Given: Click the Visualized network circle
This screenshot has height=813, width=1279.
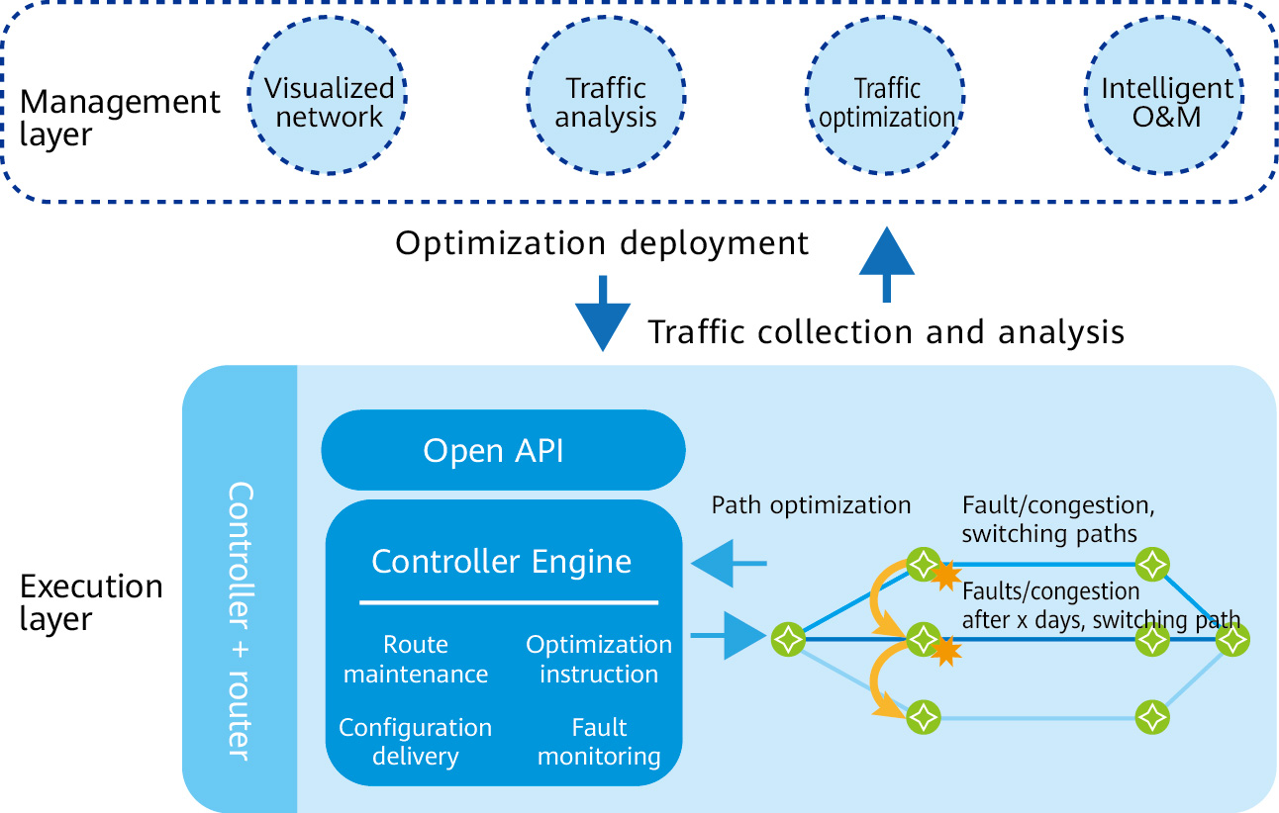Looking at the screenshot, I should pyautogui.click(x=329, y=102).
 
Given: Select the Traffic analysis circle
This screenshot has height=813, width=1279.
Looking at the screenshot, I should pyautogui.click(x=605, y=102).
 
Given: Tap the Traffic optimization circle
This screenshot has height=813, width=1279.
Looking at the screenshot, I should pyautogui.click(x=887, y=102).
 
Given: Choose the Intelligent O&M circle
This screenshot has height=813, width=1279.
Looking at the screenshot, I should pyautogui.click(x=1167, y=102).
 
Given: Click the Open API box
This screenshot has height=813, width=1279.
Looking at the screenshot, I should pyautogui.click(x=503, y=451).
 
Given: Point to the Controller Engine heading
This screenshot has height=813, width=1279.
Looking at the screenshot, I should pyautogui.click(x=501, y=562).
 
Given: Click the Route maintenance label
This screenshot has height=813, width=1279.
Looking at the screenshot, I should pyautogui.click(x=416, y=660).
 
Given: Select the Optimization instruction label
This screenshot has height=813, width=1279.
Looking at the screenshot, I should pyautogui.click(x=599, y=660).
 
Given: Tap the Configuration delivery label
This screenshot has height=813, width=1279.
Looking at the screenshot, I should pyautogui.click(x=416, y=742).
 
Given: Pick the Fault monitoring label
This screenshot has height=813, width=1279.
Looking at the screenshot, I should pyautogui.click(x=599, y=742).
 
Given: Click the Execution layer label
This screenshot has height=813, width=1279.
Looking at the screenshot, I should pyautogui.click(x=91, y=602).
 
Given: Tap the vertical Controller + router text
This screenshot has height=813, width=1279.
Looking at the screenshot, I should pyautogui.click(x=240, y=620).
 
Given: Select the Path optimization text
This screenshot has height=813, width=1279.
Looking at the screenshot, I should pyautogui.click(x=811, y=505).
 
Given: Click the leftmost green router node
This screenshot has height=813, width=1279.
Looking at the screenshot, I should pyautogui.click(x=787, y=639).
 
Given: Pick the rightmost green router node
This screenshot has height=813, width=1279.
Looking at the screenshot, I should pyautogui.click(x=1233, y=640).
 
